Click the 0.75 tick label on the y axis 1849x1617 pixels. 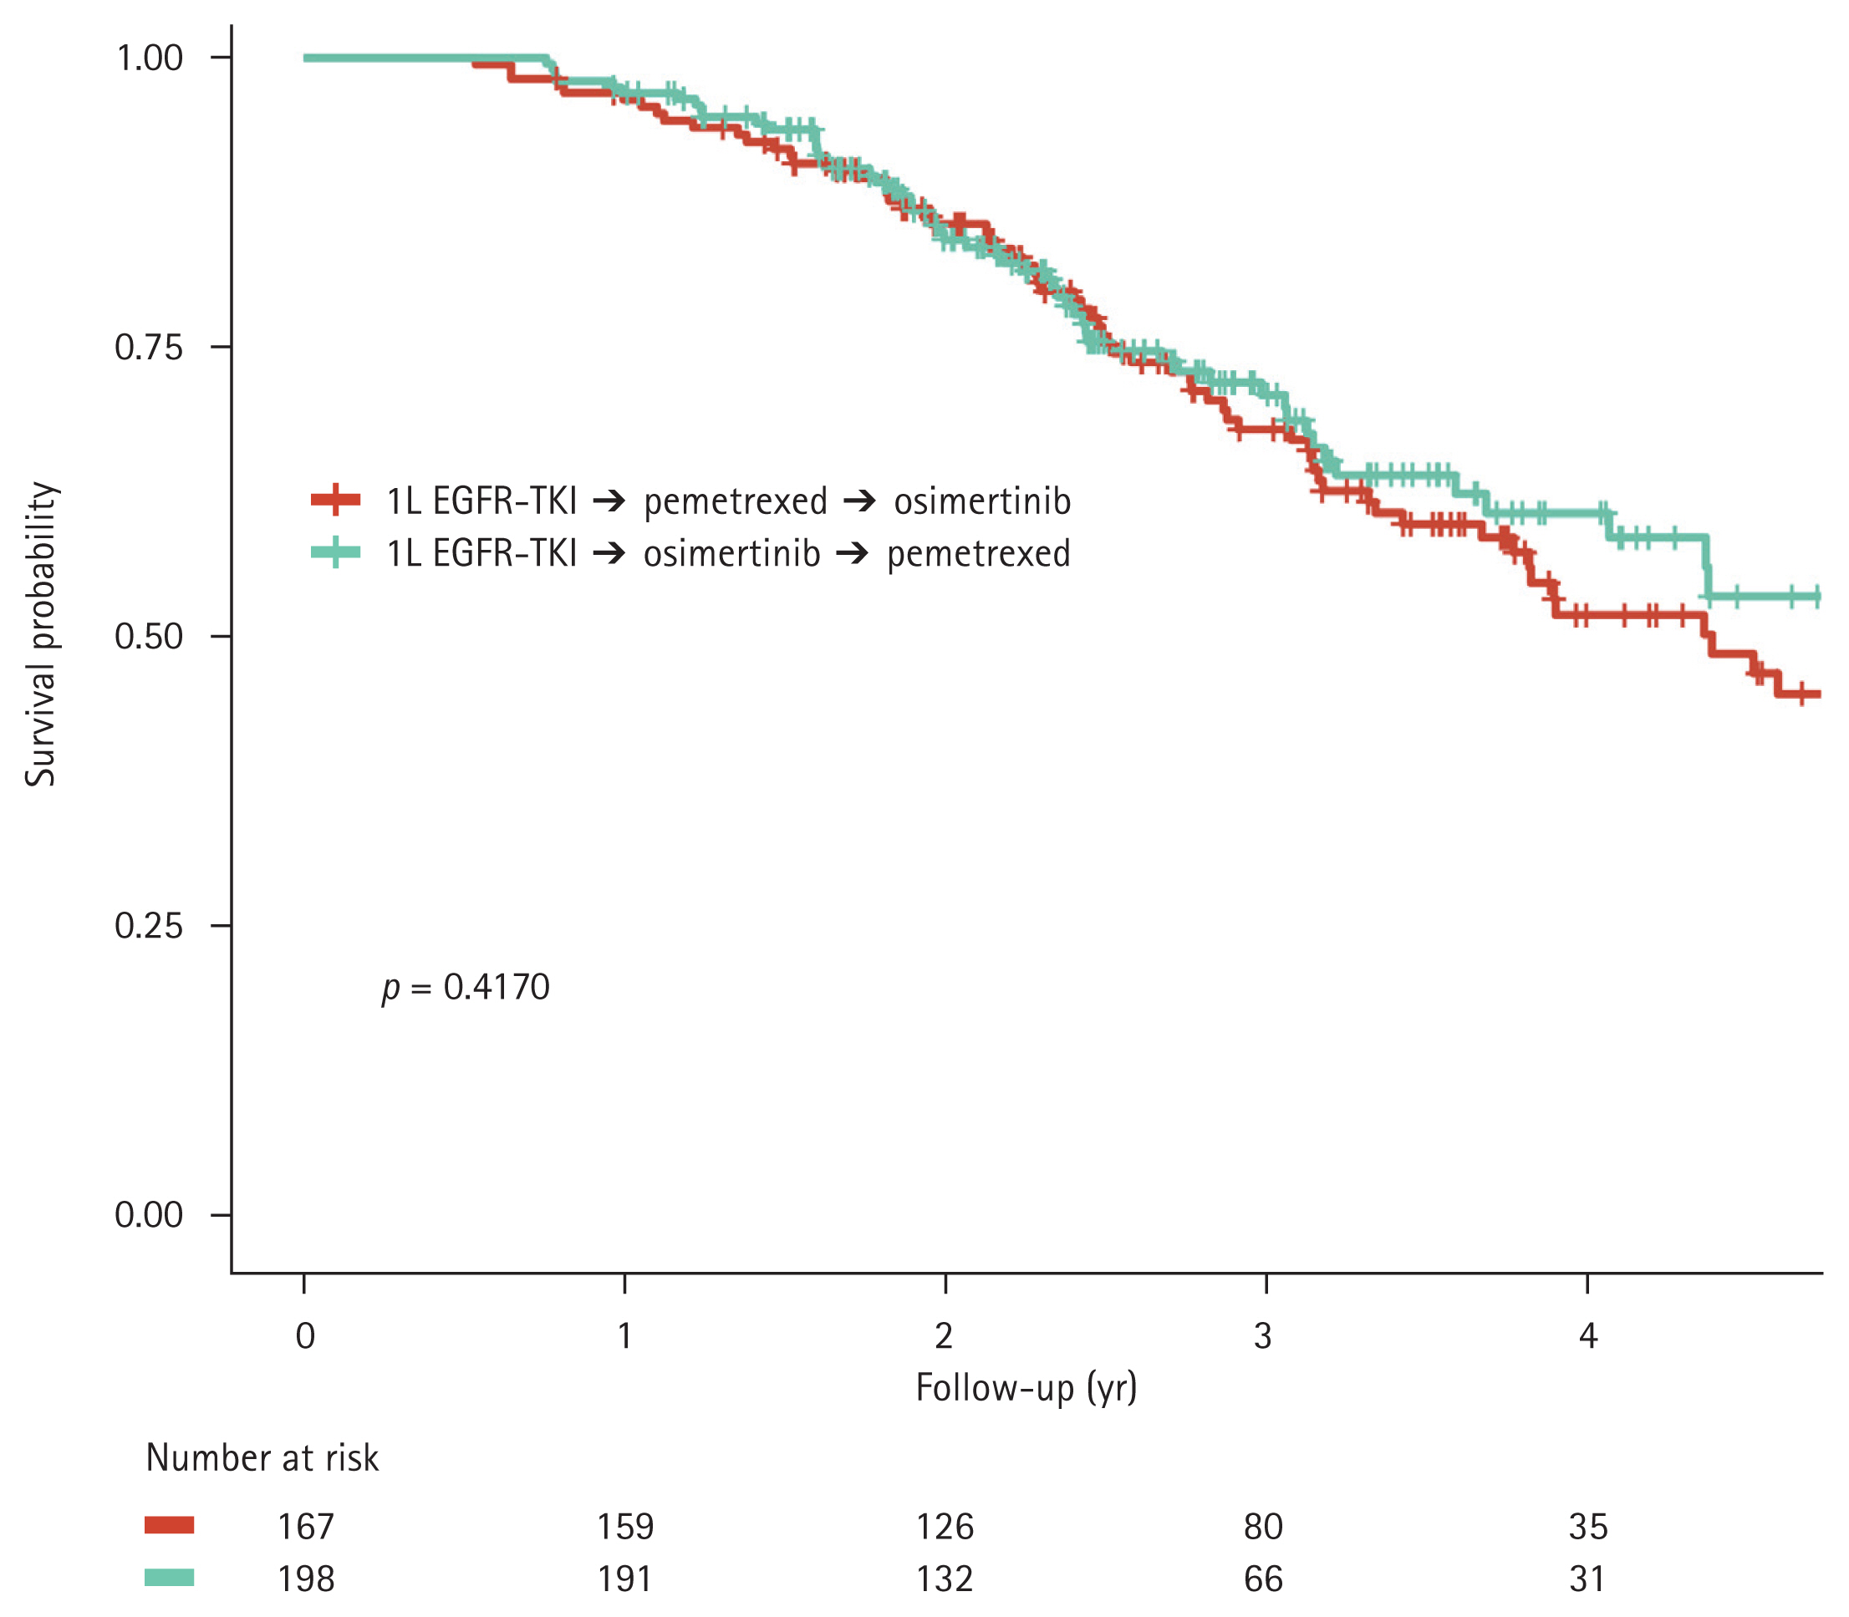point(149,348)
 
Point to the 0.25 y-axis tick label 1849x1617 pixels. point(149,926)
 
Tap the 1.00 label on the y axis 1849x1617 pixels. point(150,58)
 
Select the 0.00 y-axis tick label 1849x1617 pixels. point(149,1215)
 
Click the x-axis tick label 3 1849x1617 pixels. point(1262,1335)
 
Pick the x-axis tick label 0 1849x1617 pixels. point(305,1335)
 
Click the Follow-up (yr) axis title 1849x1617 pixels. point(1026,1388)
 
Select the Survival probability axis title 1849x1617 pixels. point(42,634)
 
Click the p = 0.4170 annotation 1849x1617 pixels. point(466,988)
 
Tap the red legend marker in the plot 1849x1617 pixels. point(336,499)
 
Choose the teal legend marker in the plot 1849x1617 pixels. point(336,552)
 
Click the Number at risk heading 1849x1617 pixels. point(262,1458)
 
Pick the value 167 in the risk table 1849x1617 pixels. point(306,1527)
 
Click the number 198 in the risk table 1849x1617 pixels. point(306,1579)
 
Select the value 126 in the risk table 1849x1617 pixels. point(945,1527)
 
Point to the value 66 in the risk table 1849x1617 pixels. point(1262,1579)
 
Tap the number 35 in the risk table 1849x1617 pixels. point(1588,1527)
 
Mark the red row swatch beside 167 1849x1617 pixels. point(170,1526)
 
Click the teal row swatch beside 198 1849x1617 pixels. point(170,1577)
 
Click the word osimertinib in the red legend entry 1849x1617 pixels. point(982,501)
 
